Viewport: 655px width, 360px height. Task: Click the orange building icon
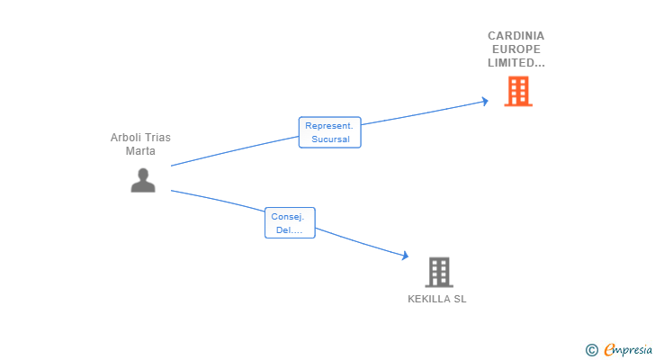point(518,91)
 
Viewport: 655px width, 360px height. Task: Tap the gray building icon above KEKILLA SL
point(439,272)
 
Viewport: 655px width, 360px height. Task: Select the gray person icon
point(143,180)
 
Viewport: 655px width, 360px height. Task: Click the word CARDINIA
point(516,36)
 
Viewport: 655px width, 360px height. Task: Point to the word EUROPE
point(516,49)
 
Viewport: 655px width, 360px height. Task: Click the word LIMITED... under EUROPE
point(516,63)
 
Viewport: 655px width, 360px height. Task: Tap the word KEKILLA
point(427,299)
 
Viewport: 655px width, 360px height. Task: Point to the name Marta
point(140,151)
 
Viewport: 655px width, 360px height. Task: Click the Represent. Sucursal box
point(329,132)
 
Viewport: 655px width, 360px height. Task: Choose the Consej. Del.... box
point(290,222)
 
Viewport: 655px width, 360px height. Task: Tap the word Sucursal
point(330,139)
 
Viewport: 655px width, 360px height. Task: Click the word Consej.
point(288,217)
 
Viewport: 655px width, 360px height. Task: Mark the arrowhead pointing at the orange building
point(485,101)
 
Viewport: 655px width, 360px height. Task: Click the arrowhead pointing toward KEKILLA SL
point(405,256)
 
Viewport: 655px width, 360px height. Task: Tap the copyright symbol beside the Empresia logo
point(591,350)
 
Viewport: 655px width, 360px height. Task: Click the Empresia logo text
point(628,350)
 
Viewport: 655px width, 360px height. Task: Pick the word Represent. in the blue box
point(329,126)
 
